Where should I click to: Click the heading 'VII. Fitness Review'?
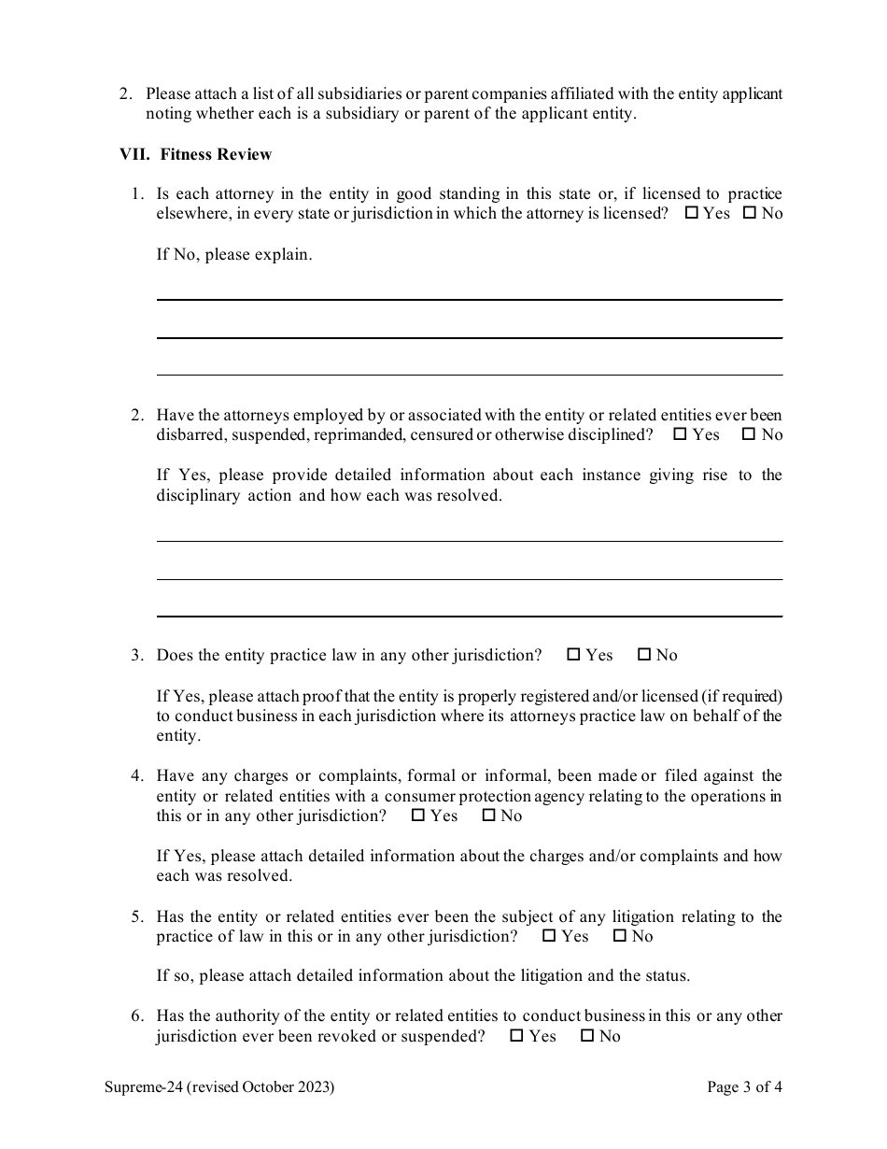coord(195,154)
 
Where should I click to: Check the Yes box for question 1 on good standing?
coord(691,213)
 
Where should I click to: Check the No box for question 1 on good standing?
coord(749,213)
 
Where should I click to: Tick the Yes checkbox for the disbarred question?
coord(680,434)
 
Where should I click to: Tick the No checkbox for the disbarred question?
coord(748,434)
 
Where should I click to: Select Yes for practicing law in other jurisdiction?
coord(573,655)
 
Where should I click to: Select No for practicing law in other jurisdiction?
coord(643,655)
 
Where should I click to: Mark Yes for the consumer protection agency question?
coord(417,816)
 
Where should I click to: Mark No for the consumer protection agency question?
coord(487,816)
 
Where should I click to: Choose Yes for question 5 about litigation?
coord(549,936)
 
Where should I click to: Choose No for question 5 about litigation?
coord(619,936)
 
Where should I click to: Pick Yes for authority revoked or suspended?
coord(516,1036)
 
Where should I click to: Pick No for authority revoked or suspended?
coord(586,1036)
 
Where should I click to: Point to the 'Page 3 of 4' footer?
coord(744,1087)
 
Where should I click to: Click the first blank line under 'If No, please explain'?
coord(469,299)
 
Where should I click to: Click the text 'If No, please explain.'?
coord(233,254)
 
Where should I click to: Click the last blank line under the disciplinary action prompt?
coord(469,616)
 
